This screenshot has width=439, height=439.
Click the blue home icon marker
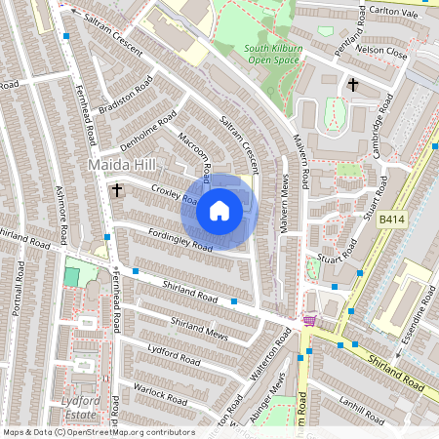pyautogui.click(x=219, y=211)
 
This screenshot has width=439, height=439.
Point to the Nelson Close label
pyautogui.click(x=380, y=48)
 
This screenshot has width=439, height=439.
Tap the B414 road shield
pyautogui.click(x=393, y=222)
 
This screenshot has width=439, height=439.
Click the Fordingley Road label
pyautogui.click(x=179, y=240)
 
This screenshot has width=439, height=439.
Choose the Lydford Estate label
pyautogui.click(x=80, y=407)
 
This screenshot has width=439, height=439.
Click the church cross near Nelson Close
pyautogui.click(x=352, y=85)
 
